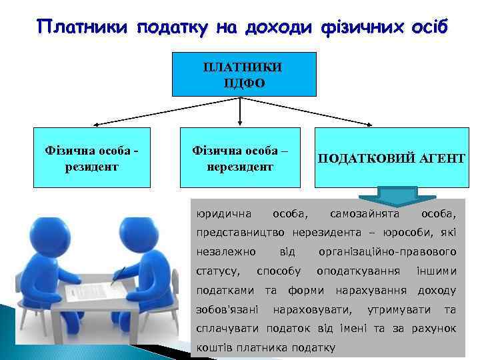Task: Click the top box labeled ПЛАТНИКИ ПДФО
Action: [x=241, y=75]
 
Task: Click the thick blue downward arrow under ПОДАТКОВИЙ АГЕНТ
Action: [x=379, y=197]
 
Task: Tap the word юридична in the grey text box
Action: [x=223, y=214]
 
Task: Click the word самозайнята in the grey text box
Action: [x=365, y=214]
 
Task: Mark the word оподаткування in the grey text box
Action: [x=358, y=271]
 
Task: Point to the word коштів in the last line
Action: [x=213, y=348]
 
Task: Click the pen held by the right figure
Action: [x=119, y=274]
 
